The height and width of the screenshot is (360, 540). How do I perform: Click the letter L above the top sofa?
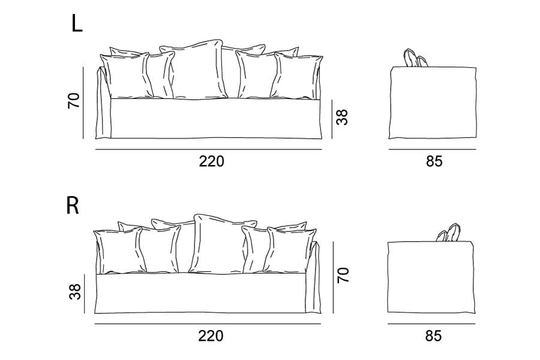pyautogui.click(x=77, y=24)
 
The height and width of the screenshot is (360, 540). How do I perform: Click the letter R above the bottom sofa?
pyautogui.click(x=73, y=206)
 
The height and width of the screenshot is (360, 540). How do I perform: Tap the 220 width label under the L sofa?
pyautogui.click(x=211, y=161)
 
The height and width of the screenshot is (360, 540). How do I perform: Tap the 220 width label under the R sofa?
pyautogui.click(x=211, y=336)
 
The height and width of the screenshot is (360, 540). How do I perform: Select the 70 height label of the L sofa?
pyautogui.click(x=74, y=101)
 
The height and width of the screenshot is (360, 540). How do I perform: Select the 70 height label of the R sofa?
pyautogui.click(x=343, y=275)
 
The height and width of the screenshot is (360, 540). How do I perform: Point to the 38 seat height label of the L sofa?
pyautogui.click(x=343, y=117)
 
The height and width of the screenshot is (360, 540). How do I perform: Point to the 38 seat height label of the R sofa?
pyautogui.click(x=75, y=292)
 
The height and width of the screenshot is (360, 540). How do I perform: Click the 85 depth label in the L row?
pyautogui.click(x=434, y=161)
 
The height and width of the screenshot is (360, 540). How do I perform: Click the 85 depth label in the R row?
pyautogui.click(x=433, y=336)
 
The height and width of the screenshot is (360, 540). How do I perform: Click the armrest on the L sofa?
pyautogui.click(x=103, y=103)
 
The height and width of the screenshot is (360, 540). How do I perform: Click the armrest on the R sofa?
pyautogui.click(x=313, y=277)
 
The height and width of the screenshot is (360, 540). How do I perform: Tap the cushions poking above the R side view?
pyautogui.click(x=449, y=233)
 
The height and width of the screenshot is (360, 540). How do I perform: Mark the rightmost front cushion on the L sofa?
pyautogui.click(x=297, y=76)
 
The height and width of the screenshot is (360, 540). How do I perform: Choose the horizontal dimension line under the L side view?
pyautogui.click(x=433, y=149)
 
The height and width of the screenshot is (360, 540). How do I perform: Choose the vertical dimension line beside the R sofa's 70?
pyautogui.click(x=334, y=277)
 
